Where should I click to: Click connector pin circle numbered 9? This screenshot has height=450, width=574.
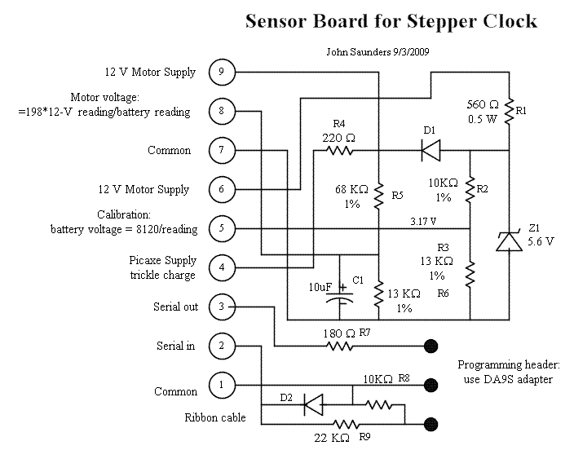pos(222,72)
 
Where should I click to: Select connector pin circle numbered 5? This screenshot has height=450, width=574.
pos(222,228)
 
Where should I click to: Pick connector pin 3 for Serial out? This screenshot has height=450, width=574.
pos(222,307)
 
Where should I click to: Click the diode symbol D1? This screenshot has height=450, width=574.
pos(430,151)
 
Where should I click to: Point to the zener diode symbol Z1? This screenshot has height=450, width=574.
pos(510,239)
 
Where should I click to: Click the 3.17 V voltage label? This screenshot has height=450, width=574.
pos(423,221)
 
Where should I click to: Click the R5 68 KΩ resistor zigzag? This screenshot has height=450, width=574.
pos(379,196)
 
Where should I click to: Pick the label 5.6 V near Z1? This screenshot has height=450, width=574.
pos(541,242)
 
